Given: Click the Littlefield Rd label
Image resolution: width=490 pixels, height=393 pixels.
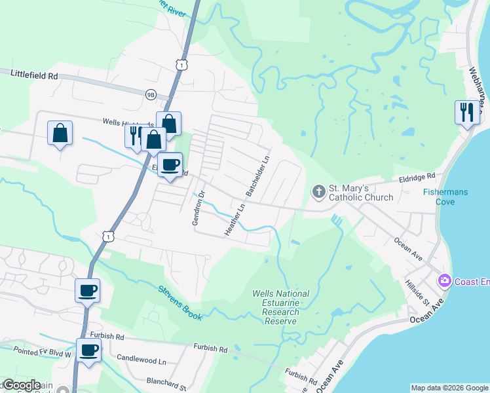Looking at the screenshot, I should tap(34, 75).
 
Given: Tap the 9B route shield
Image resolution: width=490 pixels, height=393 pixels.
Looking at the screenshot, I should tap(151, 95).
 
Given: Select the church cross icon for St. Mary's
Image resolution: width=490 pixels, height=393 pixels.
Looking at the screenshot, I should tap(318, 191).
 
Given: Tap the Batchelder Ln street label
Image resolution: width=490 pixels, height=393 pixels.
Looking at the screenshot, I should tap(257, 175).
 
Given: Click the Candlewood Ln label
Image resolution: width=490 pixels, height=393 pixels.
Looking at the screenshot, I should tap(141, 359).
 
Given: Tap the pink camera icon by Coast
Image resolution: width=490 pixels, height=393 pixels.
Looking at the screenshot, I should tap(445, 280).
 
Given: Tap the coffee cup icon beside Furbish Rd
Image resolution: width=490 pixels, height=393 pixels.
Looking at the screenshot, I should tap(89, 350).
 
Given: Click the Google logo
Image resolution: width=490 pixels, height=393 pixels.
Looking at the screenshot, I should tap(21, 386).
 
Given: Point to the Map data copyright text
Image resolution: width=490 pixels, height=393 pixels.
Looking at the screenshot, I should tap(449, 388).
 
